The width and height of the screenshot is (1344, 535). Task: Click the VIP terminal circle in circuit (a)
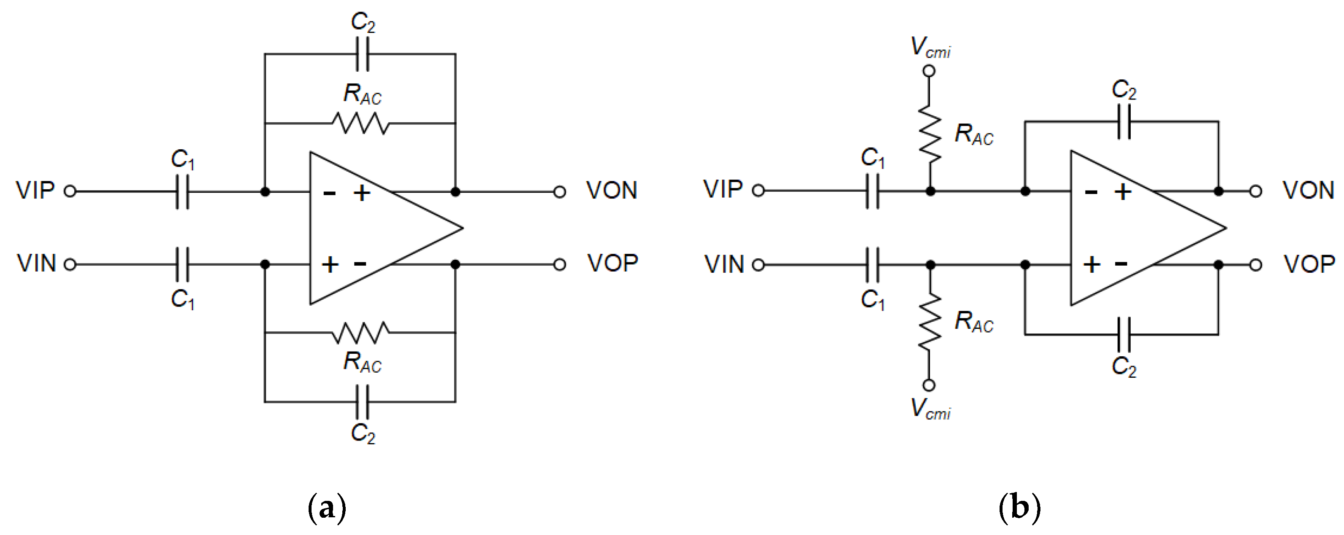[70, 191]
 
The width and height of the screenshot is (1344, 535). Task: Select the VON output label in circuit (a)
[611, 191]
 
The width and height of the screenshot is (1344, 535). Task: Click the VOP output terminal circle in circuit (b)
[1255, 265]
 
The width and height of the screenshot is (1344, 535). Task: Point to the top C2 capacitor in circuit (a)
[362, 54]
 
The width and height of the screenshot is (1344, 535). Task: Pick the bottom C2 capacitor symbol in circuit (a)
[362, 402]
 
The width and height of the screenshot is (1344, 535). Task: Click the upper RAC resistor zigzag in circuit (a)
[360, 123]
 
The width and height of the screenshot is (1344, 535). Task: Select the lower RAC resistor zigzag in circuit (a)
[360, 333]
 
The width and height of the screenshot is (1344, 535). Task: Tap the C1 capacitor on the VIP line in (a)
[182, 191]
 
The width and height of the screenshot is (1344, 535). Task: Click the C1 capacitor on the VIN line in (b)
[872, 265]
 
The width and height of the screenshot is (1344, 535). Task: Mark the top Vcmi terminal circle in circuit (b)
[929, 70]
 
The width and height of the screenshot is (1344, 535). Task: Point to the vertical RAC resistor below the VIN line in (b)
[929, 321]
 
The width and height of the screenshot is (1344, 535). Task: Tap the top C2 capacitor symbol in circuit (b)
[1124, 121]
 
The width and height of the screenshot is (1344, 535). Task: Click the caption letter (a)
[327, 507]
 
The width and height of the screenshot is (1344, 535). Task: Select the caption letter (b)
[1019, 507]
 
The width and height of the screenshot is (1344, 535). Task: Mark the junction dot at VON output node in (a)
[455, 191]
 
